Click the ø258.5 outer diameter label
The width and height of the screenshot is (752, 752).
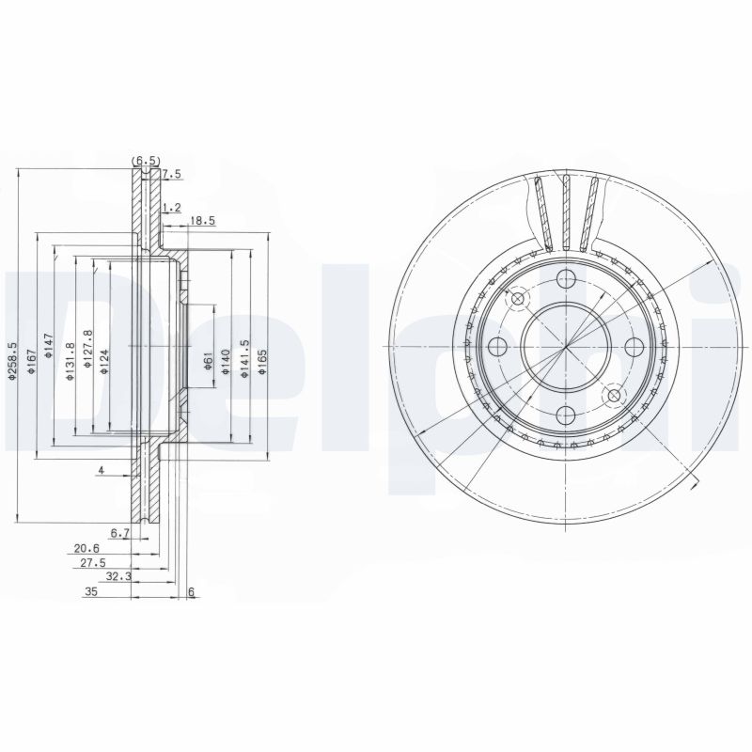tap(12, 361)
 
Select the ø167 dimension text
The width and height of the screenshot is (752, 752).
tap(31, 362)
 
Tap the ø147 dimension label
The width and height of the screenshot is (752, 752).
tap(48, 346)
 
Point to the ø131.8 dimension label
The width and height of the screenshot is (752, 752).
tap(70, 362)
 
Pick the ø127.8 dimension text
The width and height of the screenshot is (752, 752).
tap(87, 349)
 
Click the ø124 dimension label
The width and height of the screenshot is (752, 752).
tap(104, 361)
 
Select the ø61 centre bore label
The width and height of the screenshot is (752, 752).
tap(208, 360)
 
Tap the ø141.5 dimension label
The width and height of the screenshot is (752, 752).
tap(244, 359)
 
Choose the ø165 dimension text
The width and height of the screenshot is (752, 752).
tap(262, 361)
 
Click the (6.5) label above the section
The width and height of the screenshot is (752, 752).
tap(146, 160)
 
